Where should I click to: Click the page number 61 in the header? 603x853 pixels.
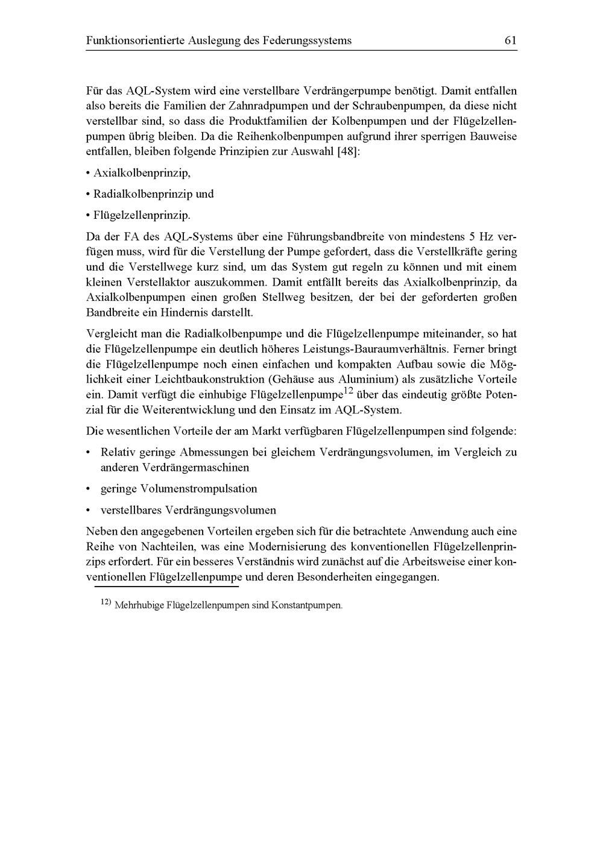(x=510, y=41)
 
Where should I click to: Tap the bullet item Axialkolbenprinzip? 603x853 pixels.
(x=142, y=173)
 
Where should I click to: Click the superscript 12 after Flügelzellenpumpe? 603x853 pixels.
(x=348, y=391)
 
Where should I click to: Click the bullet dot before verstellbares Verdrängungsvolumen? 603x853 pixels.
(x=89, y=511)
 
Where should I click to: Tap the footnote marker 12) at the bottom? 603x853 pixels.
(x=105, y=602)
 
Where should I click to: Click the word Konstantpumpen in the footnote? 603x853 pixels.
(x=306, y=605)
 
